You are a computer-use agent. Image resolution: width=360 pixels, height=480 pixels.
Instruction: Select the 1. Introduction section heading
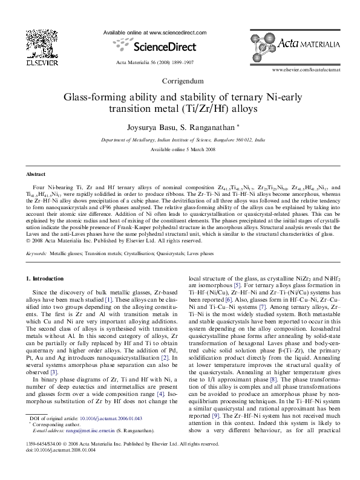47,278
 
